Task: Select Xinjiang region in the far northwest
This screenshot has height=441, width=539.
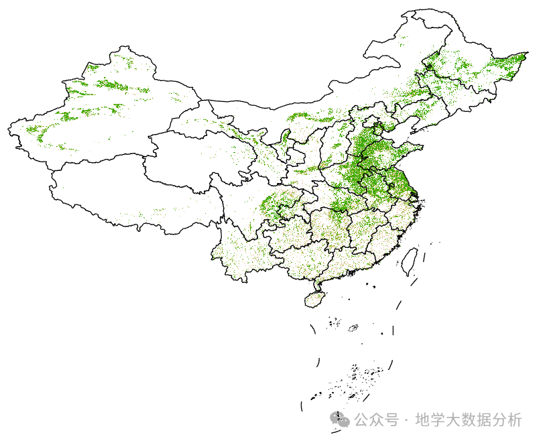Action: click(x=101, y=114)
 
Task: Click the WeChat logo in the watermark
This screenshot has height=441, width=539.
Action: click(x=340, y=420)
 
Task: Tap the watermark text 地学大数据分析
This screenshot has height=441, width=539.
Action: click(x=468, y=420)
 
